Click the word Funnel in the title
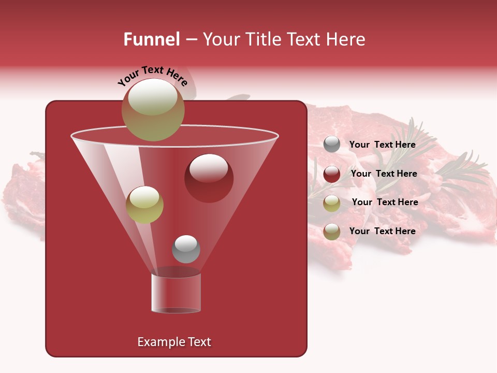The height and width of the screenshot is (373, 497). [151, 39]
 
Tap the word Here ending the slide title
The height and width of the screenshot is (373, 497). [346, 39]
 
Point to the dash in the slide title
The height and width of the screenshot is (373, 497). [191, 40]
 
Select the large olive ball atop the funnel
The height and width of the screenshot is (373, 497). [153, 109]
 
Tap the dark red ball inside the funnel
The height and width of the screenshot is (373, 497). [209, 178]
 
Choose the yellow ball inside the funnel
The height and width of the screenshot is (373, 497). [144, 205]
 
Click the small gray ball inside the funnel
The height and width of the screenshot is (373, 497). [186, 249]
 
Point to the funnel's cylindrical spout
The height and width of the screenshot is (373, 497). [176, 293]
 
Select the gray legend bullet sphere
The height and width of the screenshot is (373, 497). [332, 145]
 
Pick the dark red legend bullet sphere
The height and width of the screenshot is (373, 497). [332, 174]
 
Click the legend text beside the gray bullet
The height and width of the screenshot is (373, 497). [382, 145]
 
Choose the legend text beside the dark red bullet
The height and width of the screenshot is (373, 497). [384, 174]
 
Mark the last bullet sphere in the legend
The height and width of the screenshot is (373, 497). [332, 232]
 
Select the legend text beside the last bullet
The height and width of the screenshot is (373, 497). [382, 231]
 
